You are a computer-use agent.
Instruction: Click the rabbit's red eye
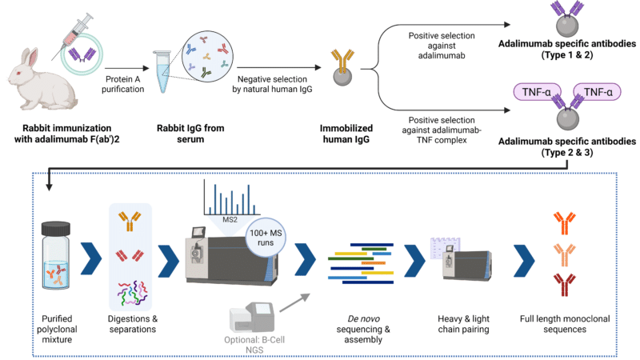click(x=18, y=73)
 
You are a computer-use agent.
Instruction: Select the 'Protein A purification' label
click(x=123, y=84)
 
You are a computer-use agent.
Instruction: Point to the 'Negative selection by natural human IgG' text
click(x=272, y=84)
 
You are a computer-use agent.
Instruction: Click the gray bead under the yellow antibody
click(x=342, y=76)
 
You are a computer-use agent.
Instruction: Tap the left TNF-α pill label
click(x=537, y=92)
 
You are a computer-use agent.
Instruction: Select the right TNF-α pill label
click(x=598, y=92)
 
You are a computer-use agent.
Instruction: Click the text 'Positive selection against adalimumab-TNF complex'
click(x=442, y=130)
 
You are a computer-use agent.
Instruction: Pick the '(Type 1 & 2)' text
click(x=567, y=54)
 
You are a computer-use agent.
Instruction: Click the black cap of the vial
click(x=56, y=229)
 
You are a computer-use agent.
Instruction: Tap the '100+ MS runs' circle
click(x=266, y=238)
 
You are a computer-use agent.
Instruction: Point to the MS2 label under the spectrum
click(x=230, y=219)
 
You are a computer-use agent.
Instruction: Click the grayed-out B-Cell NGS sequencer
click(x=251, y=317)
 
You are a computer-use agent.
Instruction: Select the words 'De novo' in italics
click(x=364, y=318)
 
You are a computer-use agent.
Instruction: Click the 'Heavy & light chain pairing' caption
click(x=463, y=324)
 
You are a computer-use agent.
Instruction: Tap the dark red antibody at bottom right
click(x=565, y=284)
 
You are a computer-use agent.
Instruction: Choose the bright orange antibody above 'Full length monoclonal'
click(x=565, y=223)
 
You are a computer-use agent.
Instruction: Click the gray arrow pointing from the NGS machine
click(x=294, y=302)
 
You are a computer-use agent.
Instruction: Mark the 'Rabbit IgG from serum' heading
click(x=190, y=134)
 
